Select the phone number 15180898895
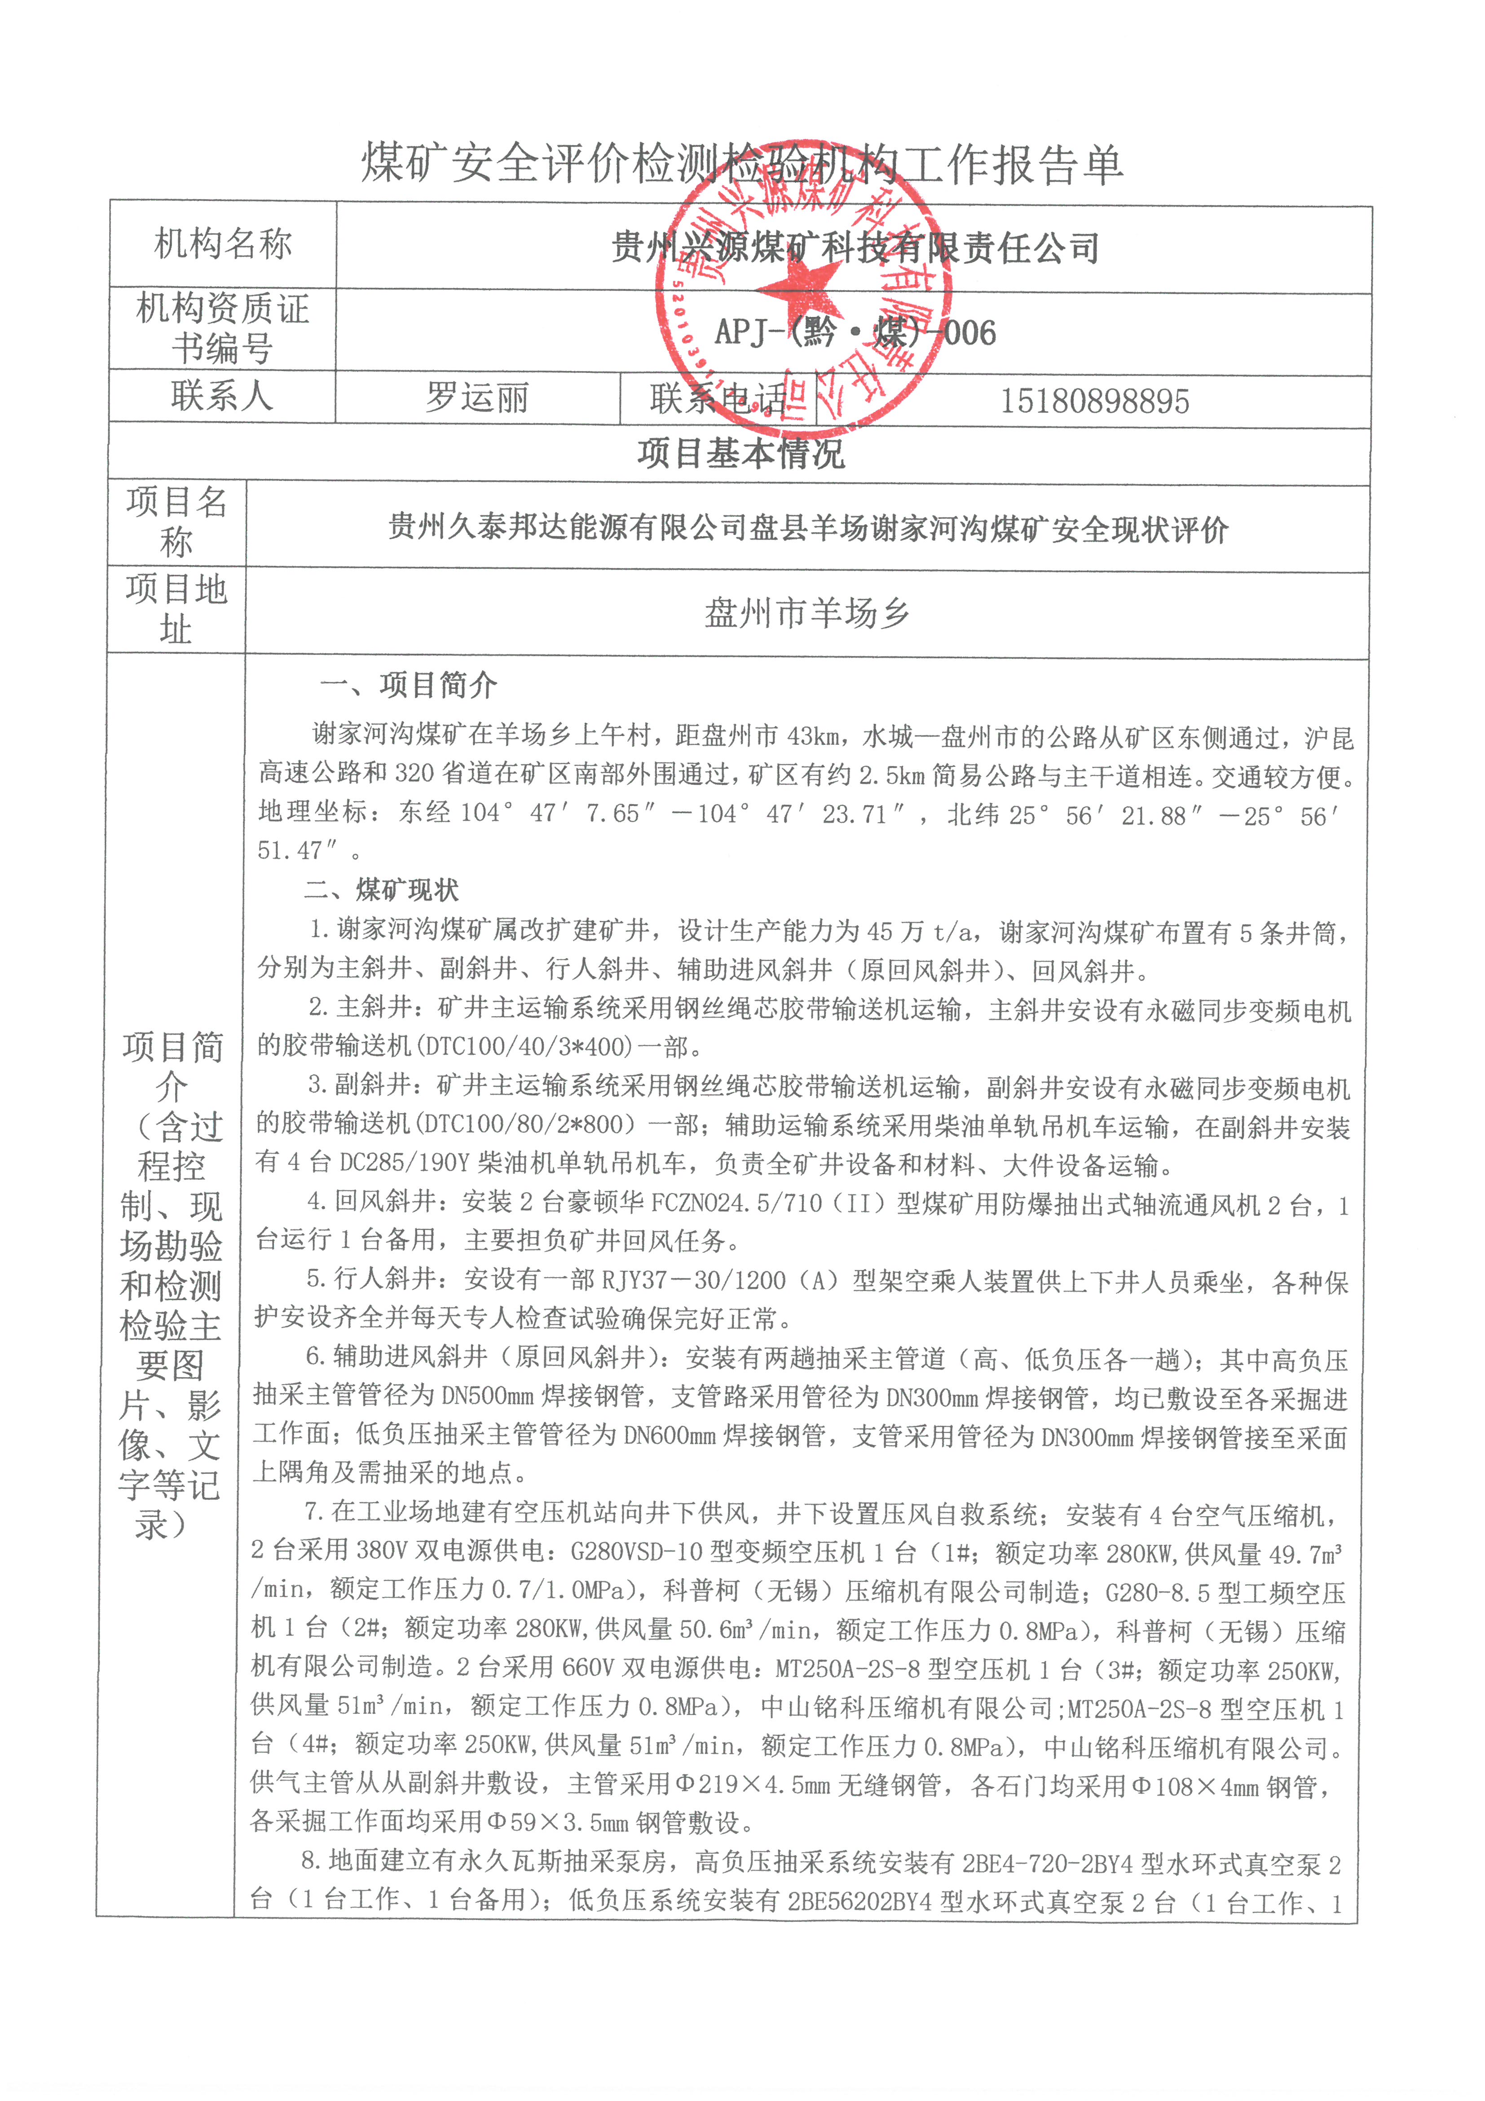click(x=1094, y=401)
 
